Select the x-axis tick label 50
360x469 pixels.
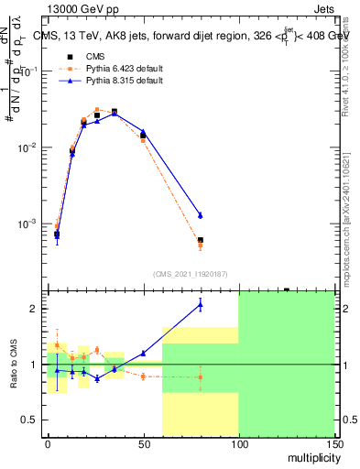pyautogui.click(x=143, y=444)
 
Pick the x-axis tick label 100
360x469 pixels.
pyautogui.click(x=238, y=444)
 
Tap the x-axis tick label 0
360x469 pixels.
pyautogui.click(x=48, y=444)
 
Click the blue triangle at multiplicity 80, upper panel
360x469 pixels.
pyautogui.click(x=200, y=215)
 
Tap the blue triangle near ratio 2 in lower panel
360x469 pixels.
pyautogui.click(x=200, y=304)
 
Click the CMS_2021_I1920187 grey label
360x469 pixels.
pyautogui.click(x=191, y=273)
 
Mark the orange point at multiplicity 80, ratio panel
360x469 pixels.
pyautogui.click(x=200, y=376)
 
